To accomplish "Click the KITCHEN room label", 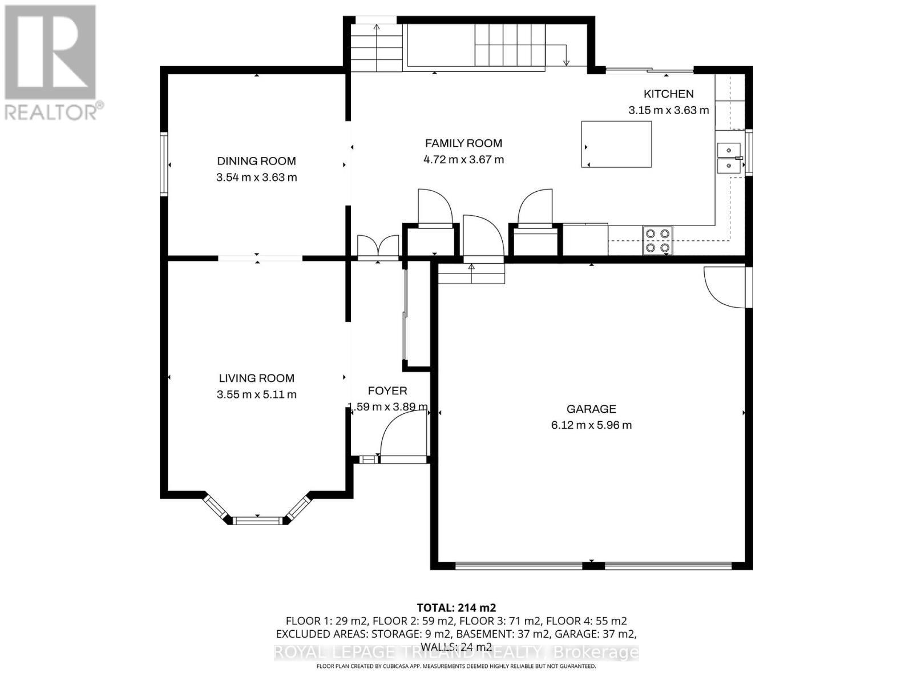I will pos(668,94).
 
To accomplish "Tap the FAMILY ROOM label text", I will pos(463,143).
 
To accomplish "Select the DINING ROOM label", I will pos(256,161).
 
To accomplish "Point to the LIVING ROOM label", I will pos(256,378).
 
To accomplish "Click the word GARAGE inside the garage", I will pos(591,409).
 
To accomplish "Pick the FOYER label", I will pos(387,391).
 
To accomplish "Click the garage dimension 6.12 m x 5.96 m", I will pos(591,425).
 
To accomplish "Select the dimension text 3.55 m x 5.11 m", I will pos(256,394).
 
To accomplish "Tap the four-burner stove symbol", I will pos(657,240).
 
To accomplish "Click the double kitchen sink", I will pos(728,158).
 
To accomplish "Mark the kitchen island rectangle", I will pos(616,144).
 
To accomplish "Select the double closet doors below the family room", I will pos(378,247).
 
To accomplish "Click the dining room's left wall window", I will pos(164,164).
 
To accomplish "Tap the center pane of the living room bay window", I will pos(257,520).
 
